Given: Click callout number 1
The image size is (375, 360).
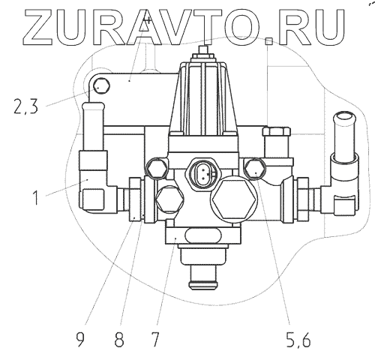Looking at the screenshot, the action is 36,197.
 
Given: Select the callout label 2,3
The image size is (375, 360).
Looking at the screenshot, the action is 26,106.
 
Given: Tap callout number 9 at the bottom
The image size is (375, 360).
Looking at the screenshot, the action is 80,340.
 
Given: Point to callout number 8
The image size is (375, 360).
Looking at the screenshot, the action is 119,340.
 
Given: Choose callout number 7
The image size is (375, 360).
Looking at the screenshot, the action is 154,340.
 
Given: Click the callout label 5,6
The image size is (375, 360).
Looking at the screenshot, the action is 298,340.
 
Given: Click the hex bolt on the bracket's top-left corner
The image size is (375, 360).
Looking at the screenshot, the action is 101,86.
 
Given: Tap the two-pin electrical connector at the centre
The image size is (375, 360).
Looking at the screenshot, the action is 203,172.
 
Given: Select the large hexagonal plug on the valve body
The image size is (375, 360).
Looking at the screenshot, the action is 234,199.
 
